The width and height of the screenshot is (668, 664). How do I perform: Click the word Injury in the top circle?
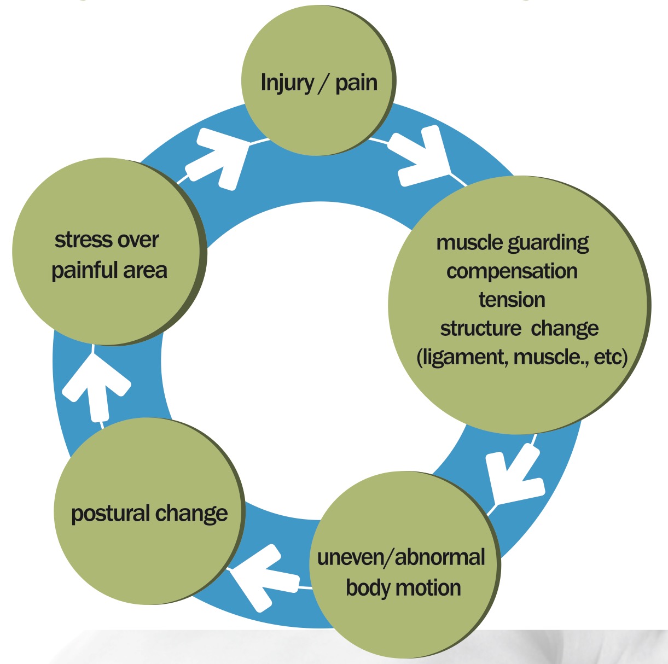pyautogui.click(x=287, y=83)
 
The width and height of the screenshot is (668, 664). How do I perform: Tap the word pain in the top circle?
pyautogui.click(x=356, y=83)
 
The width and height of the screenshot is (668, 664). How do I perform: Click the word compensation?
pyautogui.click(x=512, y=271)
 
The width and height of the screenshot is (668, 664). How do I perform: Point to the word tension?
pyautogui.click(x=512, y=300)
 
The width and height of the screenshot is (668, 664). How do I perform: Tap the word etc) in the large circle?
pyautogui.click(x=609, y=358)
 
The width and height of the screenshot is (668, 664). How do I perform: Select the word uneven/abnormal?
pyautogui.click(x=401, y=558)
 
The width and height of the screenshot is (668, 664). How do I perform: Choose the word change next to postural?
pyautogui.click(x=191, y=514)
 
